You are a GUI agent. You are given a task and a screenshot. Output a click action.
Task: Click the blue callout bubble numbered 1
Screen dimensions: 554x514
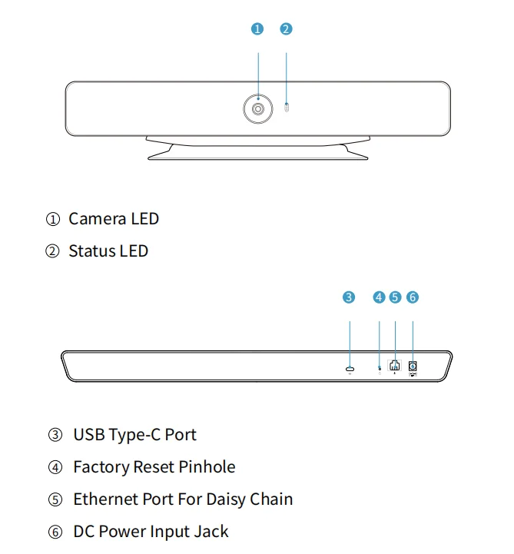(x=257, y=29)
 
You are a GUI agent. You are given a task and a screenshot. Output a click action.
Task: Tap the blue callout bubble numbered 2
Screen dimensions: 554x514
(x=286, y=29)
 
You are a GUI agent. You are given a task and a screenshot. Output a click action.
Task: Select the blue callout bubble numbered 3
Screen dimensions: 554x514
(x=349, y=297)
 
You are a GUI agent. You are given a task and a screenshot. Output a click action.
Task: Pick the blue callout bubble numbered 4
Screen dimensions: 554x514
(x=379, y=297)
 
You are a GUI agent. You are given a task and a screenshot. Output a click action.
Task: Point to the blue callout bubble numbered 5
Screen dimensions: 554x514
(x=395, y=297)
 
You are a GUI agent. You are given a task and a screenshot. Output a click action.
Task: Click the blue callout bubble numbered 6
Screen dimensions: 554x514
(x=413, y=297)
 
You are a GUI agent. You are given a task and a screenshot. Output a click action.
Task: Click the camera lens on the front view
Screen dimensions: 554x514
(x=258, y=110)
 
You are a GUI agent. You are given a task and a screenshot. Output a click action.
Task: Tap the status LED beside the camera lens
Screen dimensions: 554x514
(x=287, y=108)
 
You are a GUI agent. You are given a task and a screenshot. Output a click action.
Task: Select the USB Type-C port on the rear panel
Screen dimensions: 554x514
(x=350, y=370)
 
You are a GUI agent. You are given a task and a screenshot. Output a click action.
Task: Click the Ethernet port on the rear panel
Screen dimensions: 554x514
(x=395, y=367)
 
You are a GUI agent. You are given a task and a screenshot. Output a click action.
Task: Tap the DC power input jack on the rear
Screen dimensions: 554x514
(x=413, y=367)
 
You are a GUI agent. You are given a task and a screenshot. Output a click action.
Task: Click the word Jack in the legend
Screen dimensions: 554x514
(x=211, y=532)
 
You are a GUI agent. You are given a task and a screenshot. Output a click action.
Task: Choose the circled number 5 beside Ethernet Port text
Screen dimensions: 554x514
(x=55, y=500)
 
